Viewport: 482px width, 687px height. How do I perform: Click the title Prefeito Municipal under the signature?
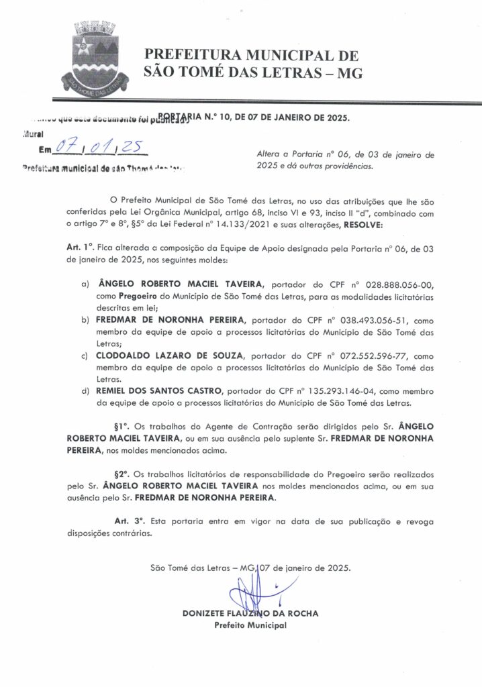pos(250,625)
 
